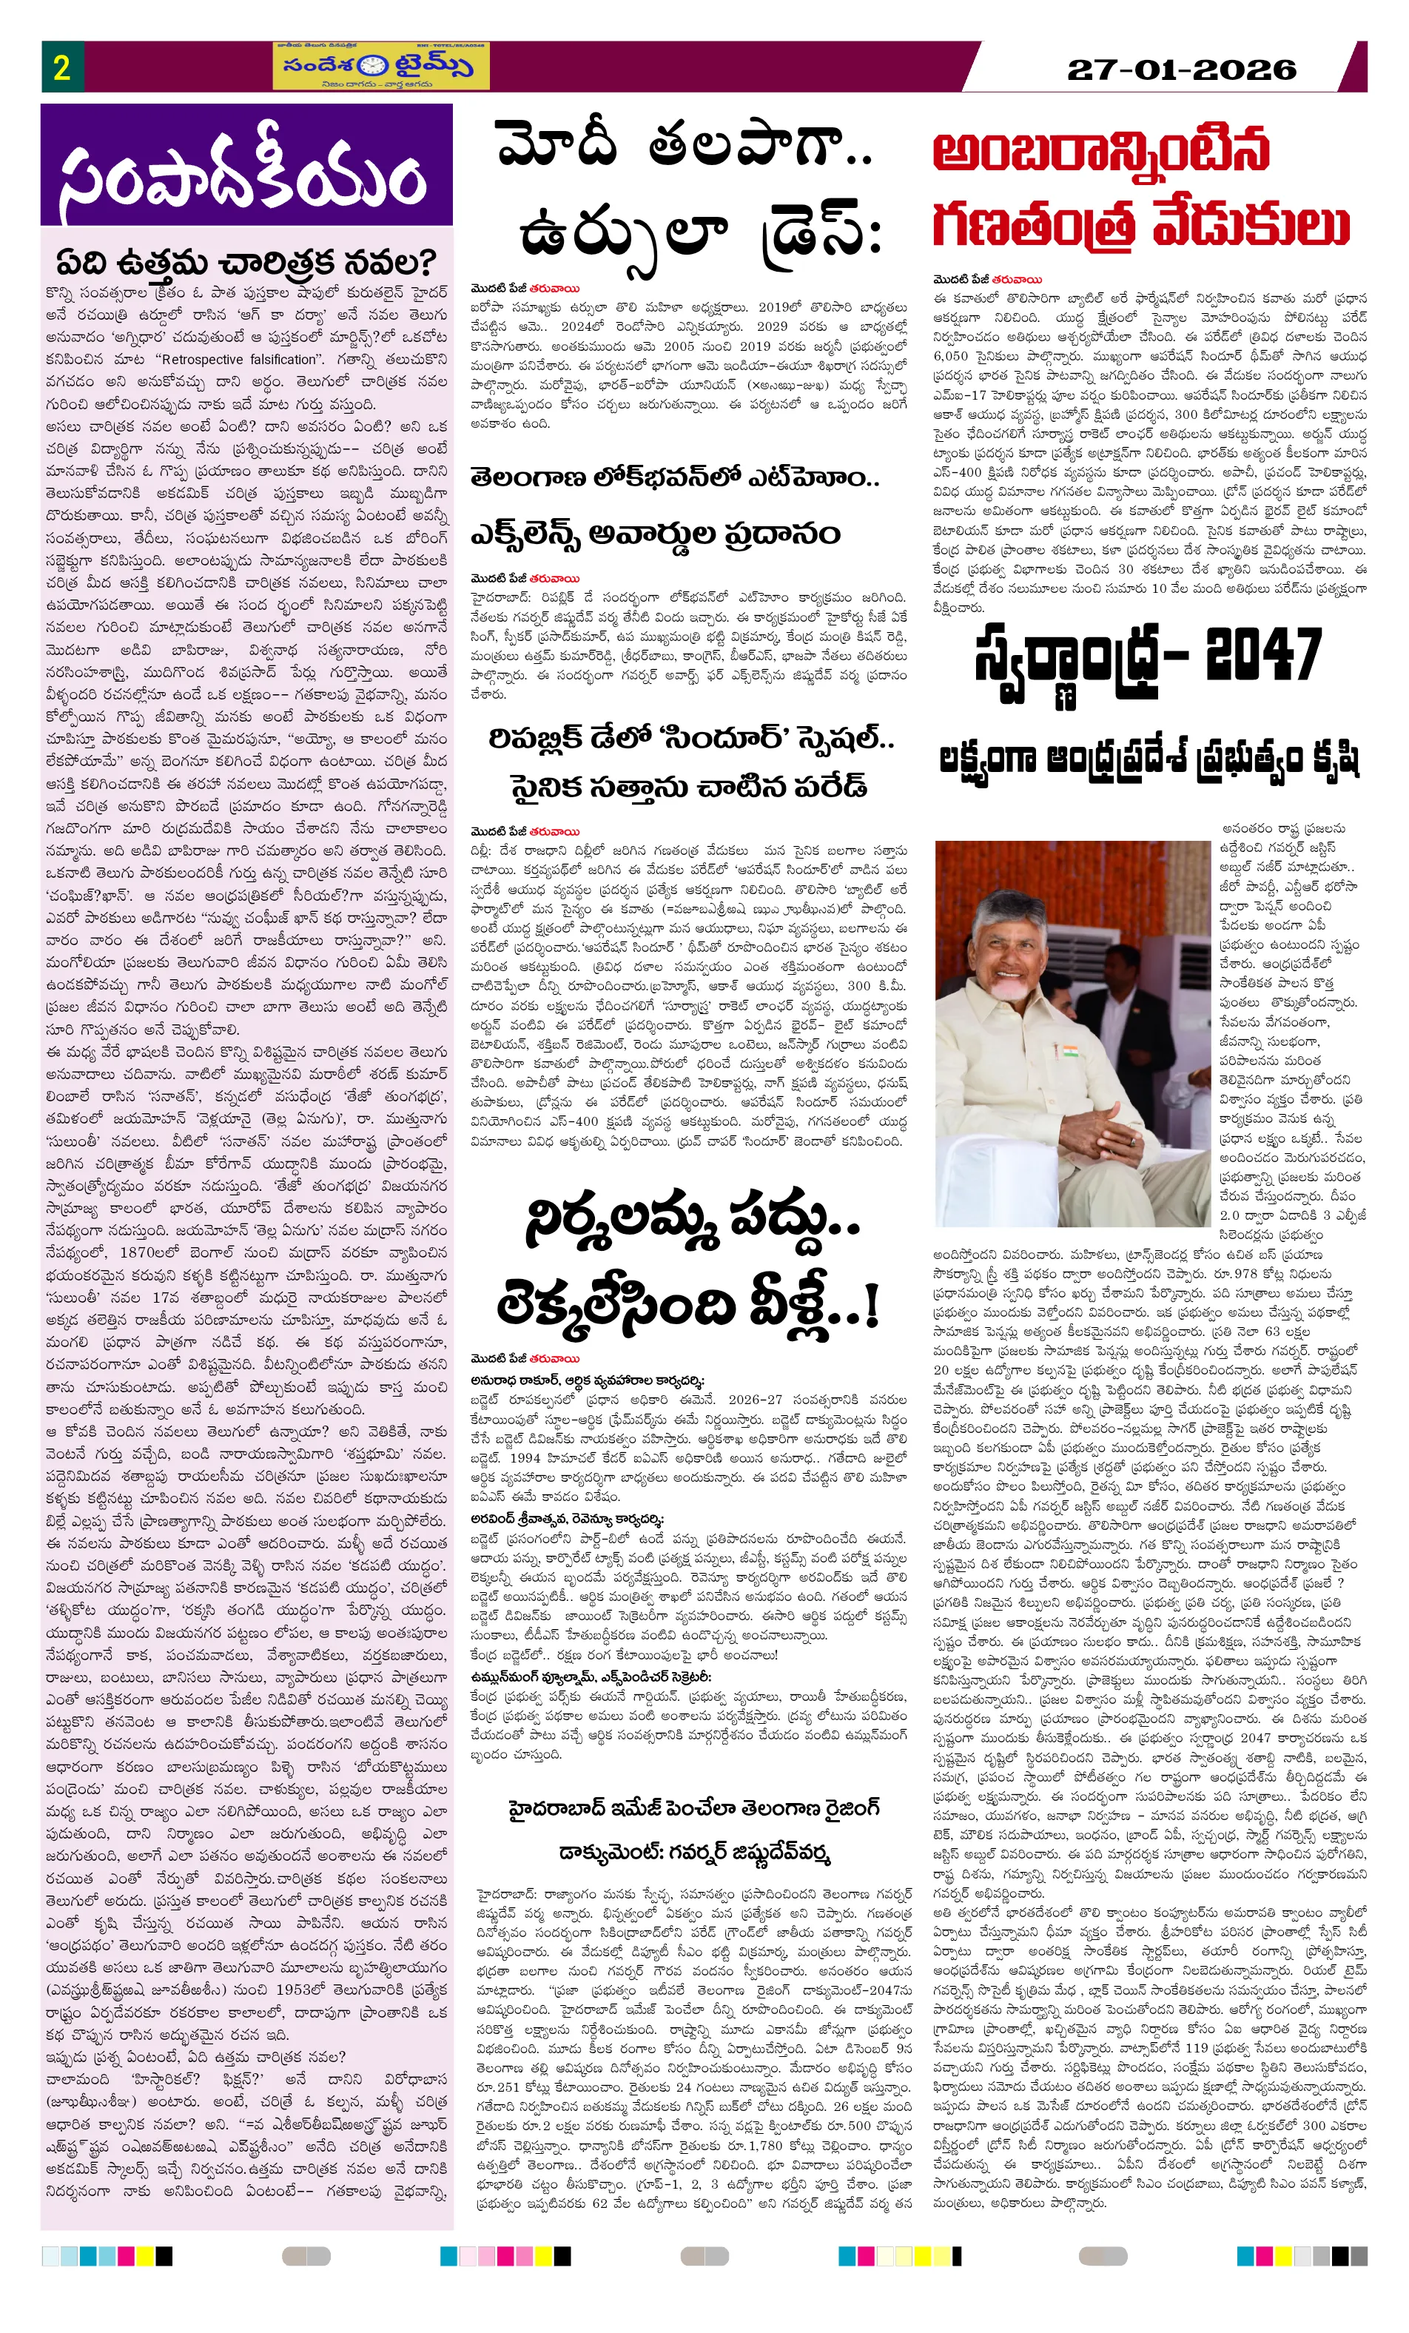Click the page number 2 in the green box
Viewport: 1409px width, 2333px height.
coord(61,67)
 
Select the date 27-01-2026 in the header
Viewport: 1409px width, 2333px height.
coord(1181,69)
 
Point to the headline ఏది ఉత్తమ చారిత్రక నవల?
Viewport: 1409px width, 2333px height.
coord(245,262)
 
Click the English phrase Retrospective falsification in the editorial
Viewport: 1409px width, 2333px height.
coord(238,359)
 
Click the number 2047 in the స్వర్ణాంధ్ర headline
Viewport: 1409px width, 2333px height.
coord(1263,654)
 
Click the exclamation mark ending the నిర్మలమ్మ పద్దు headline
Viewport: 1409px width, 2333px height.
coord(870,1306)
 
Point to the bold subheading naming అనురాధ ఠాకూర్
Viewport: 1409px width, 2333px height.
coord(587,1380)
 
